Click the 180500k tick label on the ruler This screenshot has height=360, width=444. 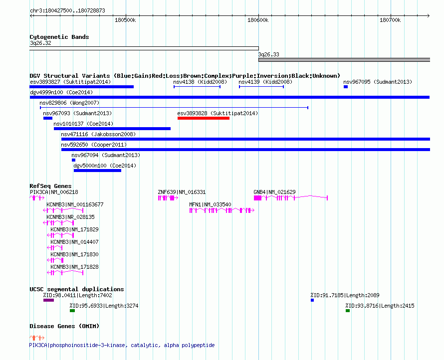125,20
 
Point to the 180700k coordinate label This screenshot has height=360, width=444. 390,20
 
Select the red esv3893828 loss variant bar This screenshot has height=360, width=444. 204,118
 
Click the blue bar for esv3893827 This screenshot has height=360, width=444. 81,87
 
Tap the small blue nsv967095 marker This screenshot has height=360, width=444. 346,87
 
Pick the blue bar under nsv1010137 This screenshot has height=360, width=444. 112,129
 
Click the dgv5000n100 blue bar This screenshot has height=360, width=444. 97,171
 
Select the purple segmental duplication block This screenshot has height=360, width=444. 49,300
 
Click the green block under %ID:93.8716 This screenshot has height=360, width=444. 348,311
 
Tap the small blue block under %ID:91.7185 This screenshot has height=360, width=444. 312,300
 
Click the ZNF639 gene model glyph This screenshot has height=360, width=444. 168,198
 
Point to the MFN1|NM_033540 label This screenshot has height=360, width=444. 210,204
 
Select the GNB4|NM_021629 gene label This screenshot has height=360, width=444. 274,192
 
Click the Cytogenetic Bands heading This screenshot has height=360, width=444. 59,37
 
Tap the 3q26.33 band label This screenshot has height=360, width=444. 268,54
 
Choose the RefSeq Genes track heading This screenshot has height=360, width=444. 50,186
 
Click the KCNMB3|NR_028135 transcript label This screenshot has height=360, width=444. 70,217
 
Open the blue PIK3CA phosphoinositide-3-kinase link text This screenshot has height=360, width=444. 122,345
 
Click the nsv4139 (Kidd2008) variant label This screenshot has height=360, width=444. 265,82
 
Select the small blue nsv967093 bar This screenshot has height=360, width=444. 48,118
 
